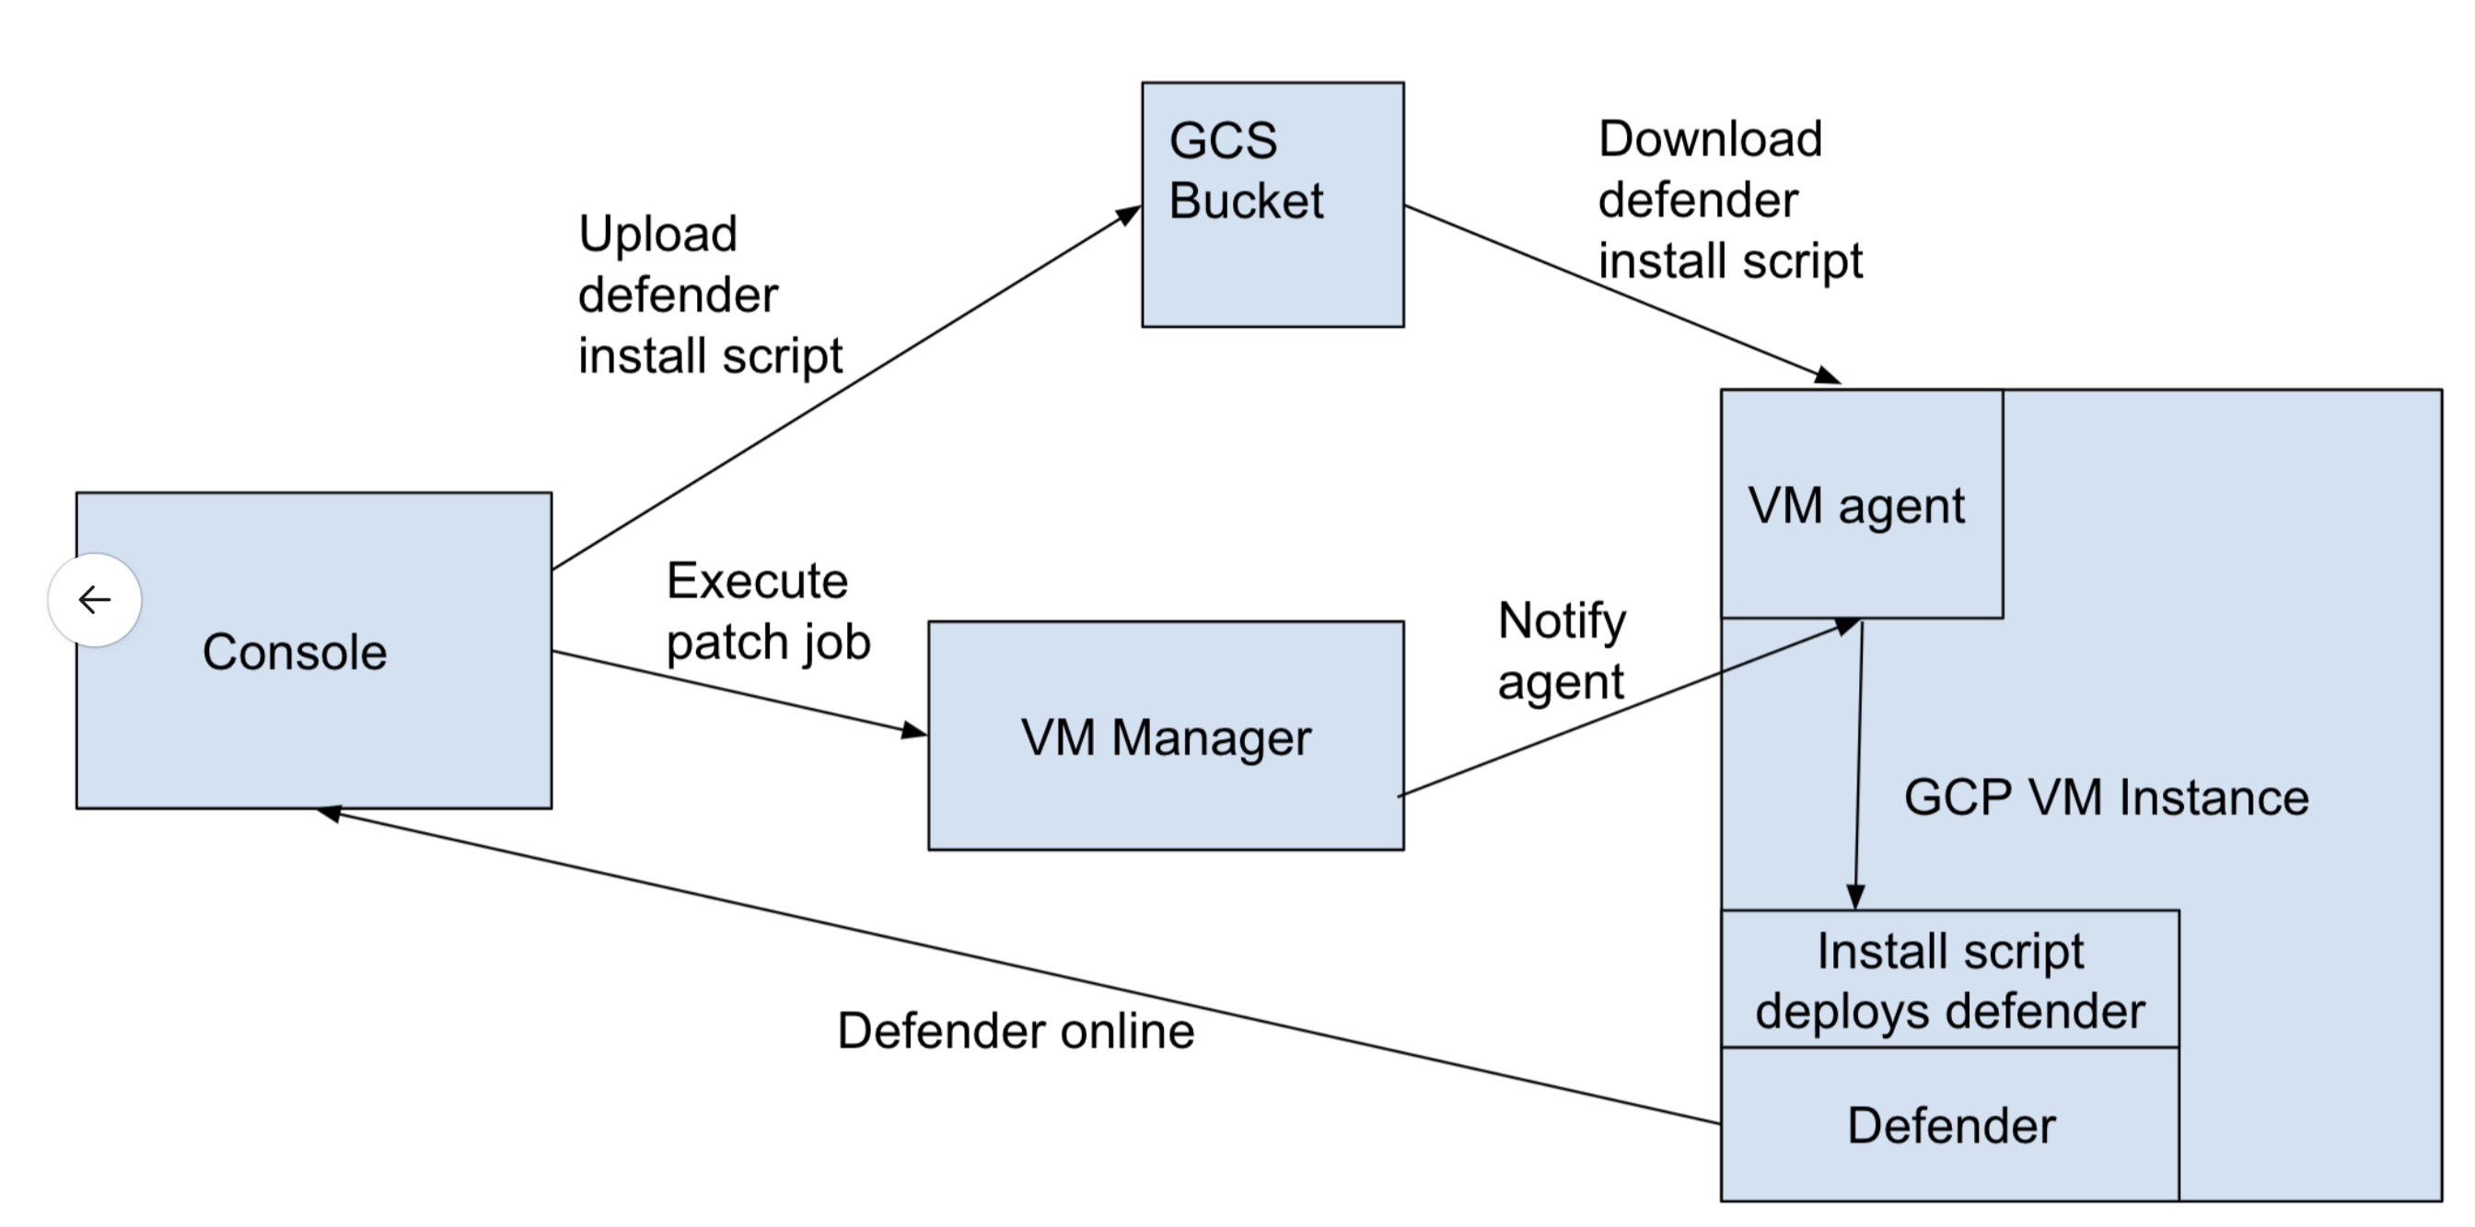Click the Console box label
(294, 653)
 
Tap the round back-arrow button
(94, 599)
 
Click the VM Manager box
(1165, 737)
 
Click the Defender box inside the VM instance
(1949, 1125)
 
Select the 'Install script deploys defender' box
(1949, 980)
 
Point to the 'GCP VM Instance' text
(2106, 797)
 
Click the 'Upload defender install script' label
(709, 294)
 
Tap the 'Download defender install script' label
(1729, 200)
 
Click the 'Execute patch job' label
(768, 611)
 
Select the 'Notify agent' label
(1562, 651)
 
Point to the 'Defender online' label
(1016, 1031)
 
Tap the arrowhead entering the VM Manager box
(914, 731)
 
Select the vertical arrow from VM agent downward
(1859, 769)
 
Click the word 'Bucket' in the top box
(1246, 201)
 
